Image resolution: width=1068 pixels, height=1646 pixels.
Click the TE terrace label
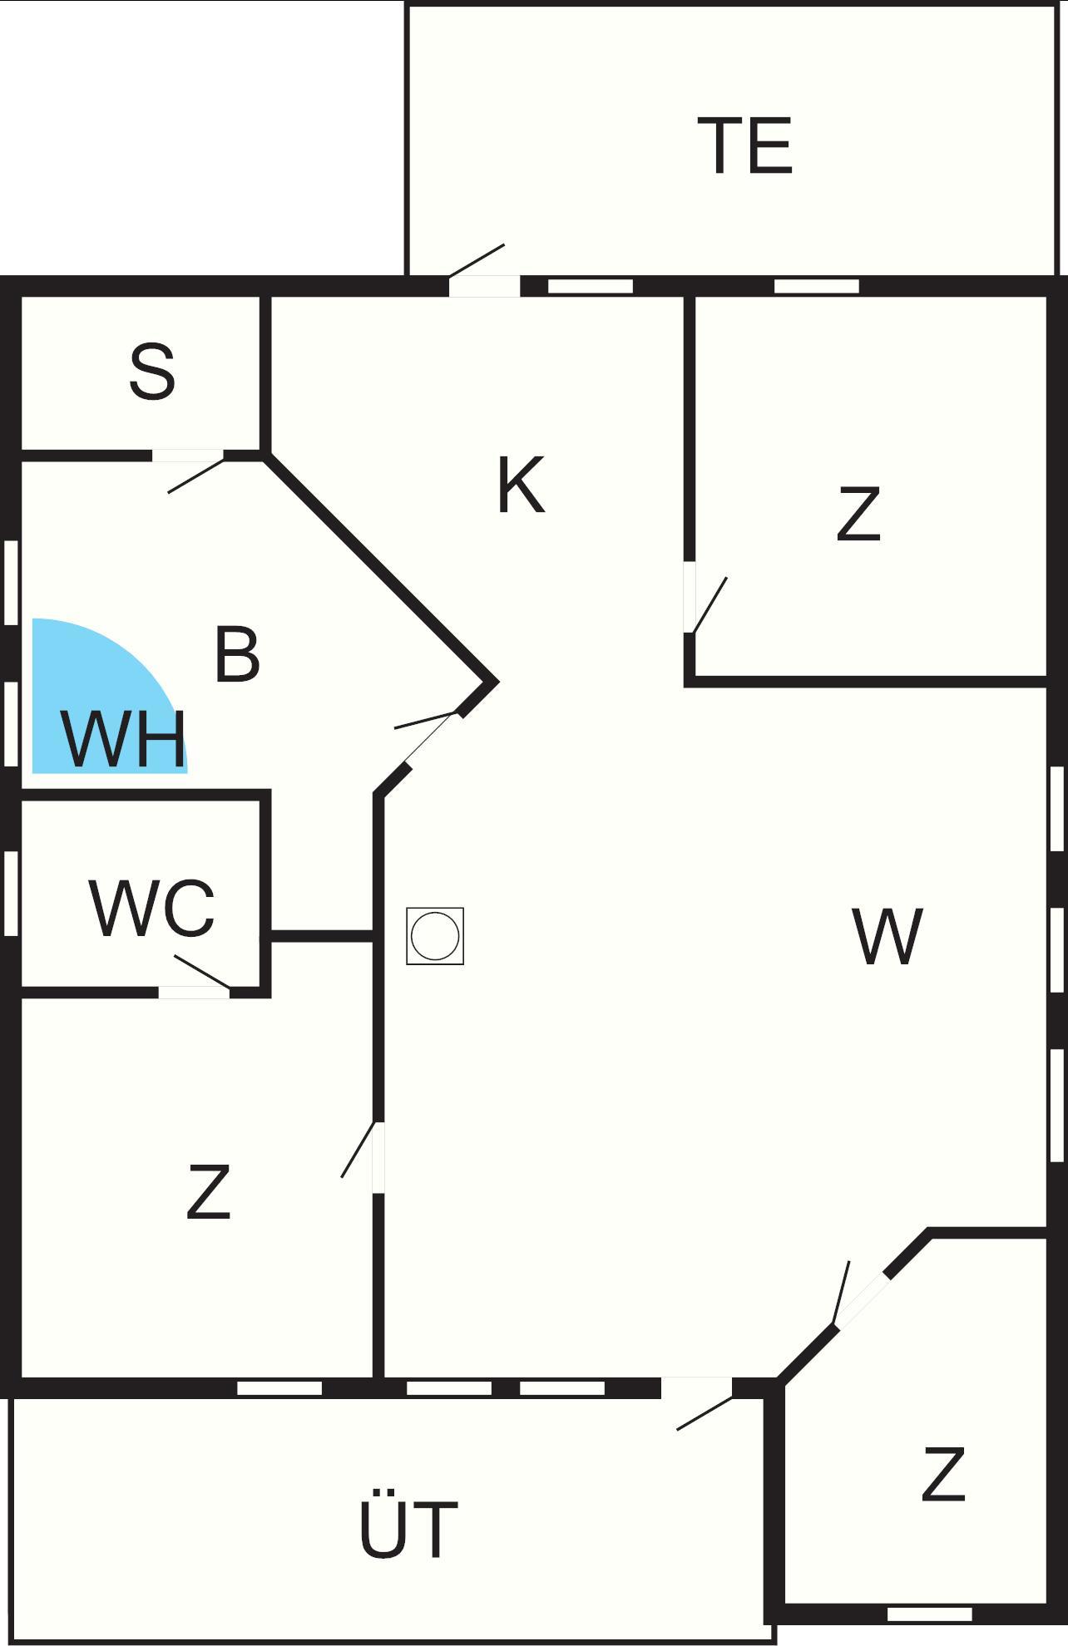coord(745,146)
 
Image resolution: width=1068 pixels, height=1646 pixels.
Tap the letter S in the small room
coord(152,372)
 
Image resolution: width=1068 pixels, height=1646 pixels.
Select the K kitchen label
coord(521,485)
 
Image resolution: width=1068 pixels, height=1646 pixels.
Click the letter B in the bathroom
coord(237,655)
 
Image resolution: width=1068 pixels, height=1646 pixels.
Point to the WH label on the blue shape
coord(123,739)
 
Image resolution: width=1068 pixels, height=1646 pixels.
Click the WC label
coord(152,908)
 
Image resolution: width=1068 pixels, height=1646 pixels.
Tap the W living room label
coord(888,937)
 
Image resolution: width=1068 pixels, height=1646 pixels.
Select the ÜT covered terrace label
coord(408,1530)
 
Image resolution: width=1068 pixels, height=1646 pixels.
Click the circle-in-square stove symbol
coord(435,936)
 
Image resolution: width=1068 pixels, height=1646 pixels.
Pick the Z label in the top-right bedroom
coord(858,515)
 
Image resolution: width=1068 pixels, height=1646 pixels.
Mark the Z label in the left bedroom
coord(208,1191)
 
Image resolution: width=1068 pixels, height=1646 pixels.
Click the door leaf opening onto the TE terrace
coord(477,260)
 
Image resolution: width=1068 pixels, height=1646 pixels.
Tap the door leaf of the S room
coord(196,476)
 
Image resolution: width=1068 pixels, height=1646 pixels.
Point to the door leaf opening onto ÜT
coord(705,1413)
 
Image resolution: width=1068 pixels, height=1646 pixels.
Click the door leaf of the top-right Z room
coord(710,605)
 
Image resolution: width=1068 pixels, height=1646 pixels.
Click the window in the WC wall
coord(11,893)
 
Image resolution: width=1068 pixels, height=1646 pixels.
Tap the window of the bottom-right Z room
coord(929,1614)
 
